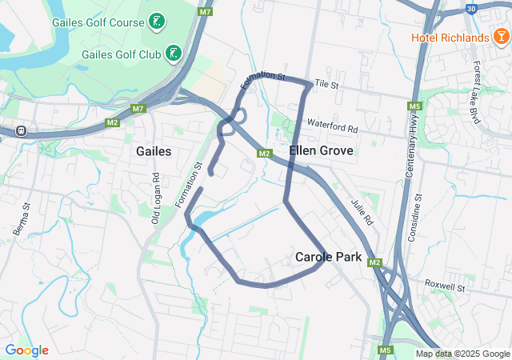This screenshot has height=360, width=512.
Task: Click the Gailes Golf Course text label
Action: [98, 22]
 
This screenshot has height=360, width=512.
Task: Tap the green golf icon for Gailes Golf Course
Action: [158, 21]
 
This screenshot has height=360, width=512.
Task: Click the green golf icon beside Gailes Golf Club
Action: [173, 54]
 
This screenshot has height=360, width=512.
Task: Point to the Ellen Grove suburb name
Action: [315, 150]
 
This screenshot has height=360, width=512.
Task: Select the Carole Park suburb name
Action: [328, 258]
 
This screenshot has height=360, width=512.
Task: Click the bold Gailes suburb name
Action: [154, 151]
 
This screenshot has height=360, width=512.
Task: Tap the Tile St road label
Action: [327, 83]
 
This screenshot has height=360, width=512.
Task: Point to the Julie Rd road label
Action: [362, 210]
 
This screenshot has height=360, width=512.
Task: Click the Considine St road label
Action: [418, 218]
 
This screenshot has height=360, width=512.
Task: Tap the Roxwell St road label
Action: [445, 284]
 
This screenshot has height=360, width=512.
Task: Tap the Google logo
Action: [26, 350]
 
